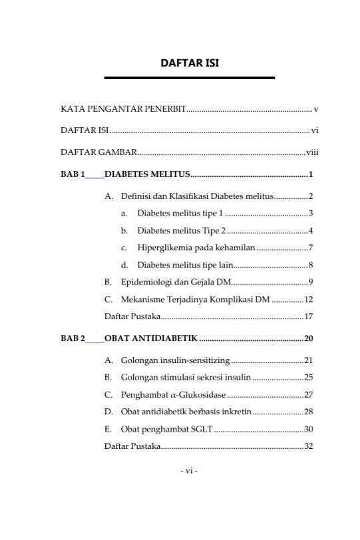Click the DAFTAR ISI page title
point(190,63)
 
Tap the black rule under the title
point(190,78)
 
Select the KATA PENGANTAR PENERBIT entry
point(123,108)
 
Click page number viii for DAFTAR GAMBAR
point(313,152)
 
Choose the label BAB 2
point(73,339)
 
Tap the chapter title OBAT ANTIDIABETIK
point(151,339)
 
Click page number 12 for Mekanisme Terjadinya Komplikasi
point(309,299)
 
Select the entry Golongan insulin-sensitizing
point(175,361)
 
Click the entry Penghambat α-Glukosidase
point(170,395)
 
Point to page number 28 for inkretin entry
point(309,412)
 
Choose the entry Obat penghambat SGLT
point(166,430)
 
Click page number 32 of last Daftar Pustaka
point(309,446)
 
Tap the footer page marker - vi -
point(190,471)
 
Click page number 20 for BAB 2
point(309,339)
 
